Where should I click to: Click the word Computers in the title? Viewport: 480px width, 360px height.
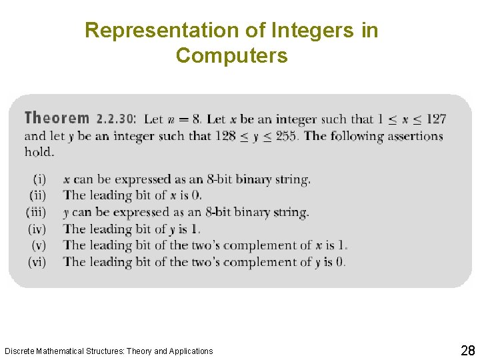coord(232,56)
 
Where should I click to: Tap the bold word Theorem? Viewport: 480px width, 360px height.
coord(57,119)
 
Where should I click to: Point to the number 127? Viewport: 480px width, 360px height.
coord(435,119)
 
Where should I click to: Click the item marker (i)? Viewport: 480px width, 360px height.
coord(39,179)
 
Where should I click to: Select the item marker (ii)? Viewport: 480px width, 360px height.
coord(37,195)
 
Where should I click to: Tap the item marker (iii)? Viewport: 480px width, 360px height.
coord(36,213)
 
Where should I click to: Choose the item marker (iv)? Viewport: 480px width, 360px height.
coord(37,229)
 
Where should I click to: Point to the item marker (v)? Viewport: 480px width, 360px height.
coord(39,245)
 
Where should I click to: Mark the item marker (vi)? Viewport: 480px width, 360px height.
coord(37,262)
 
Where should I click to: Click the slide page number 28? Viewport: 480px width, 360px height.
coord(467,351)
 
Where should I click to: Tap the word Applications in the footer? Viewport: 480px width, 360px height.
coord(191,351)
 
